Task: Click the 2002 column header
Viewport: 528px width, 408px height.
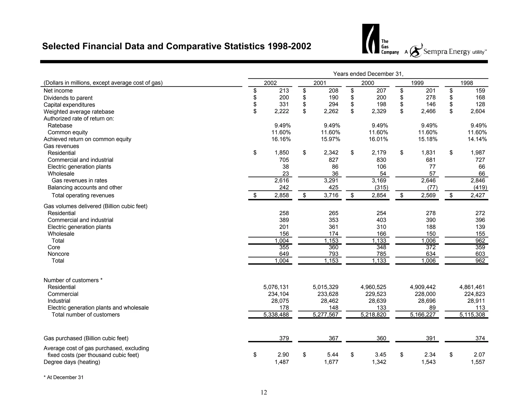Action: [270, 83]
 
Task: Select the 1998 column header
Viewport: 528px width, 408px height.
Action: [467, 83]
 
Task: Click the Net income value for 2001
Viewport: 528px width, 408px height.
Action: [333, 91]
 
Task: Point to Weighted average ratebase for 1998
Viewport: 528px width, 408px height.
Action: [478, 111]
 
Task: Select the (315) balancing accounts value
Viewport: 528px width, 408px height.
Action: [381, 187]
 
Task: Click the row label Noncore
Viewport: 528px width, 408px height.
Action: [58, 254]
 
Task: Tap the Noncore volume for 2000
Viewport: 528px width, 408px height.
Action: [381, 254]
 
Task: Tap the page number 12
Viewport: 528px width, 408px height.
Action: [264, 393]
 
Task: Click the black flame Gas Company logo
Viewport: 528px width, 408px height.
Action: [370, 39]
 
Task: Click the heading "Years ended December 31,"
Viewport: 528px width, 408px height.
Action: [368, 74]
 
